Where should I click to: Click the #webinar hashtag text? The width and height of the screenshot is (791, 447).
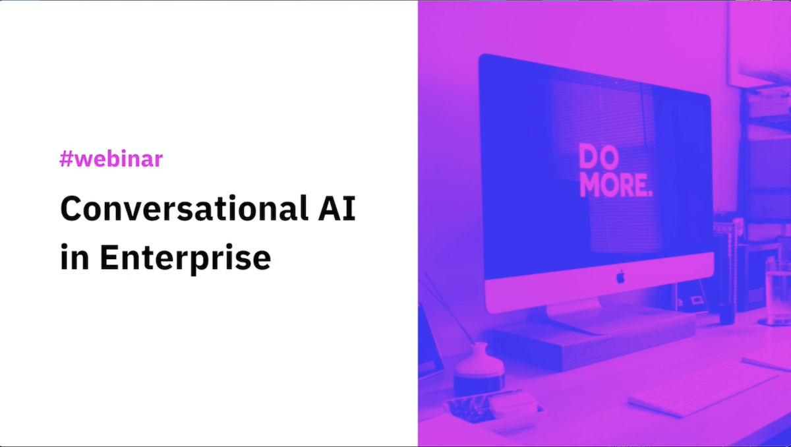[111, 159]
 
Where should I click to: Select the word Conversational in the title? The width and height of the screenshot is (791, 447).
[175, 209]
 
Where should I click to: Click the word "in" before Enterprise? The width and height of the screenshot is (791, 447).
[73, 256]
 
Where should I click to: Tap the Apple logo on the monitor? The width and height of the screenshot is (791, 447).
[620, 277]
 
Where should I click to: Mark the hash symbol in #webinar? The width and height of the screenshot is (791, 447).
[66, 159]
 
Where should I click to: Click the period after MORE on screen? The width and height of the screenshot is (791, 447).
[650, 193]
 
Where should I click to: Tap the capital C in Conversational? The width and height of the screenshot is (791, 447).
[71, 209]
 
